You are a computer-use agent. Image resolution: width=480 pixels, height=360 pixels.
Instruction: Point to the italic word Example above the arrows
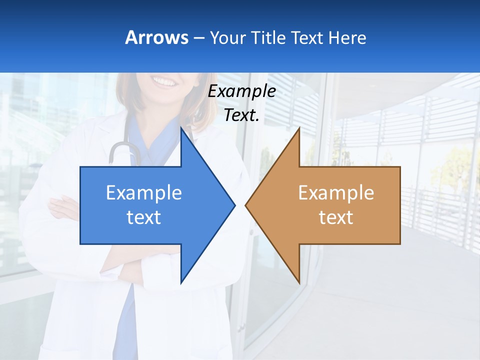click(x=242, y=91)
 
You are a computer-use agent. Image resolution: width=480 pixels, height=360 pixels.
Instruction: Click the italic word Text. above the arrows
click(x=242, y=115)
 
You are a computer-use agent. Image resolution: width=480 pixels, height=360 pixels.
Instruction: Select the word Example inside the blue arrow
click(x=143, y=192)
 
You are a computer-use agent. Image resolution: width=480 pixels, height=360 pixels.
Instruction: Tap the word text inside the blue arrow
click(x=143, y=217)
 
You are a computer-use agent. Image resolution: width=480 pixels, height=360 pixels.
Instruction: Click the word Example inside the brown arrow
click(x=336, y=192)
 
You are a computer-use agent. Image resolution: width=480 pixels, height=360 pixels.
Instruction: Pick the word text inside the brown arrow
click(x=336, y=217)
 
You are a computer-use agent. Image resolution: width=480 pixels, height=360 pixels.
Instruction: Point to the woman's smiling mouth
click(x=165, y=80)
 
